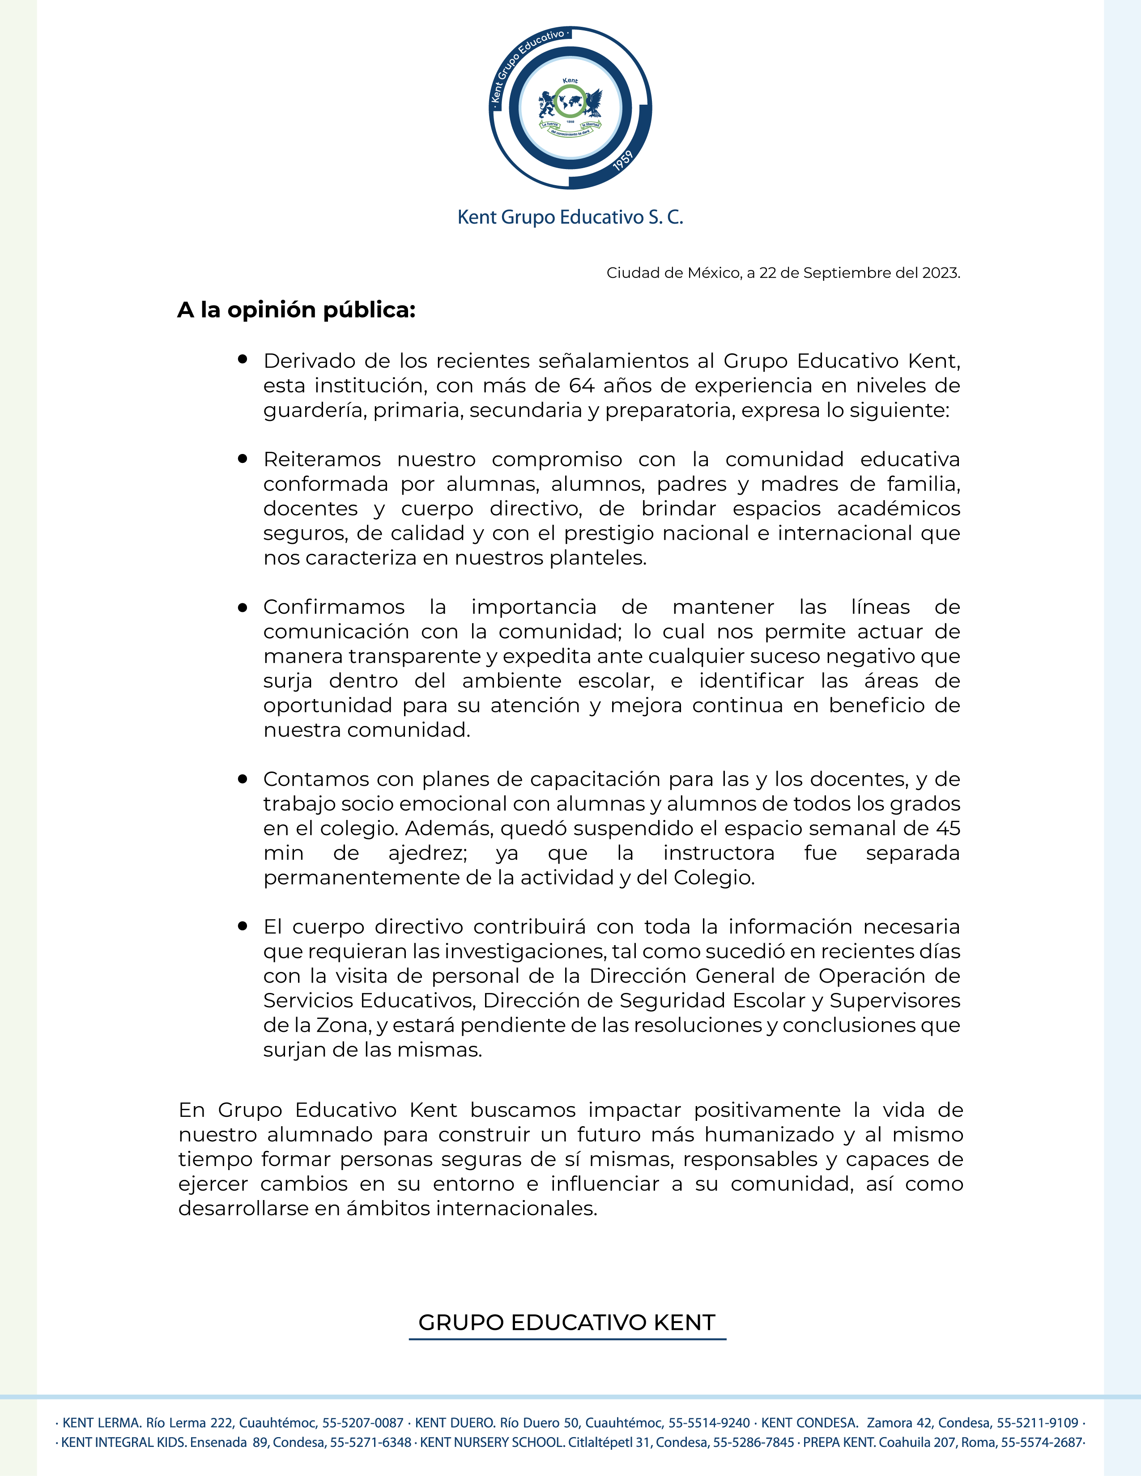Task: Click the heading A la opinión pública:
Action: point(296,310)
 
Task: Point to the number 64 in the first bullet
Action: point(581,386)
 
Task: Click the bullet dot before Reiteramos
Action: point(243,458)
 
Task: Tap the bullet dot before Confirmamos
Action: point(243,607)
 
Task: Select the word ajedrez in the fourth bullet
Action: point(427,853)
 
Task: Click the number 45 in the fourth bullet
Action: point(948,828)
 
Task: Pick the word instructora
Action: point(719,853)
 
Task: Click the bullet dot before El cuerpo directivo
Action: point(243,926)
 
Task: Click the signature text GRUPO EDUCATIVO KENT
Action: point(567,1323)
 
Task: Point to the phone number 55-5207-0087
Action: point(363,1423)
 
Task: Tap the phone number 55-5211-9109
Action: point(1038,1423)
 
